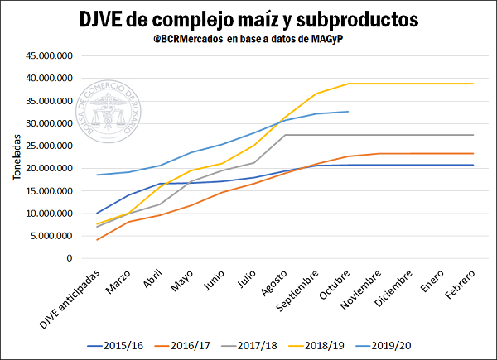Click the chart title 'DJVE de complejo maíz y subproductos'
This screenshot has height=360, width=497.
pos(248,19)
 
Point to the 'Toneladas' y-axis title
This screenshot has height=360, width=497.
pos(17,157)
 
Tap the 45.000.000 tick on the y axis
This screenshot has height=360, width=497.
pos(50,56)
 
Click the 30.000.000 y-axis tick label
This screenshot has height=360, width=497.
pos(50,123)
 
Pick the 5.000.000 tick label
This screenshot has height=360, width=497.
pos(52,236)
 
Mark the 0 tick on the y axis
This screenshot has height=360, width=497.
pos(70,258)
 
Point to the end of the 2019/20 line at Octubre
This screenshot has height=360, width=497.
pos(348,112)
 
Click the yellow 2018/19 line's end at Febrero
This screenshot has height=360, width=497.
pos(473,84)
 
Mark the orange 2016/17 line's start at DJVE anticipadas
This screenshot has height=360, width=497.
pos(98,240)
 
